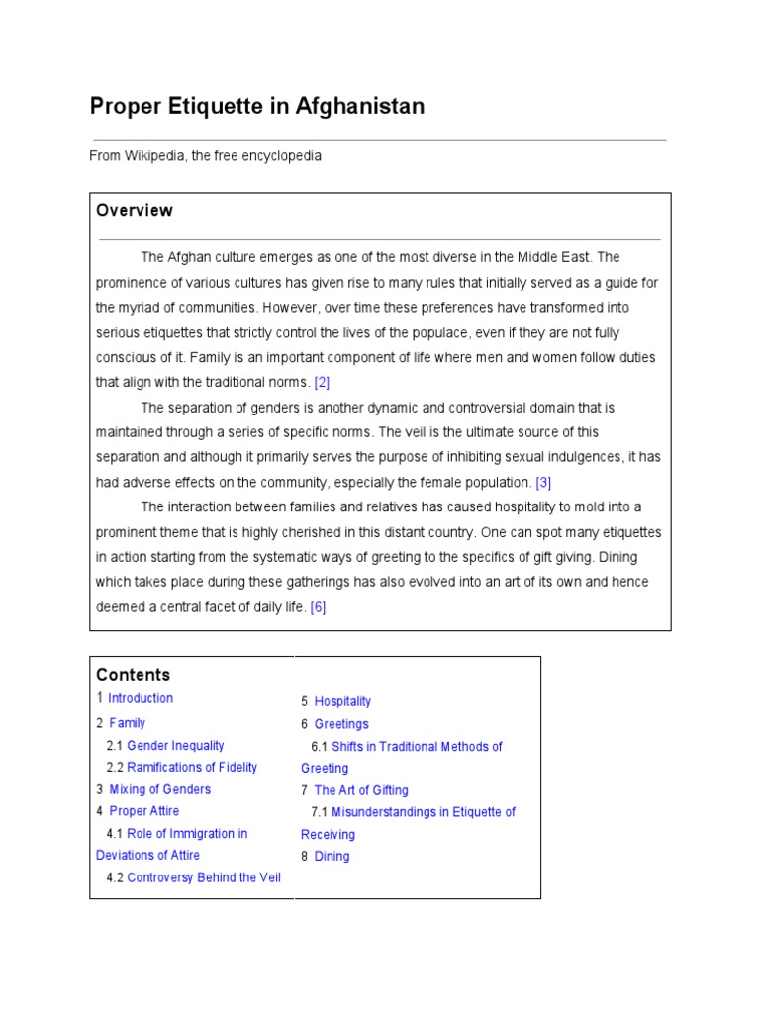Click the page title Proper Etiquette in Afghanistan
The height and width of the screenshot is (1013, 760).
257,106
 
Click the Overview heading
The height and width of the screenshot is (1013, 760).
135,210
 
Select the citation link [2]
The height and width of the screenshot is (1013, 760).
322,382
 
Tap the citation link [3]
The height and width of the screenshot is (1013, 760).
543,483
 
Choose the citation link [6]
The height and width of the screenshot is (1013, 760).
318,607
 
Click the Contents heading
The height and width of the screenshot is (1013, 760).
134,675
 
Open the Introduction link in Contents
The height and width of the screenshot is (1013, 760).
141,698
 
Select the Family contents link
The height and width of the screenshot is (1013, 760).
128,723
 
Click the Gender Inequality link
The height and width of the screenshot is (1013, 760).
175,746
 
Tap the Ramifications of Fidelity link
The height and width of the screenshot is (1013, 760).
192,768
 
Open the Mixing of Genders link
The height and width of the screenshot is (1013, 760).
159,789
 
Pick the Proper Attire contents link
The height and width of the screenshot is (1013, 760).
144,811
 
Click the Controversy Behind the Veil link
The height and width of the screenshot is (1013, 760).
204,877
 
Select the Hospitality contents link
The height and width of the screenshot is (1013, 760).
342,701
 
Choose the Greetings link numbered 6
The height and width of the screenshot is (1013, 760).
341,724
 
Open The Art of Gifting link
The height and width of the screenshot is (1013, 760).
361,790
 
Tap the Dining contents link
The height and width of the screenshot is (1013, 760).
332,857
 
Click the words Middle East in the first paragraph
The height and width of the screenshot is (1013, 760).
552,257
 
